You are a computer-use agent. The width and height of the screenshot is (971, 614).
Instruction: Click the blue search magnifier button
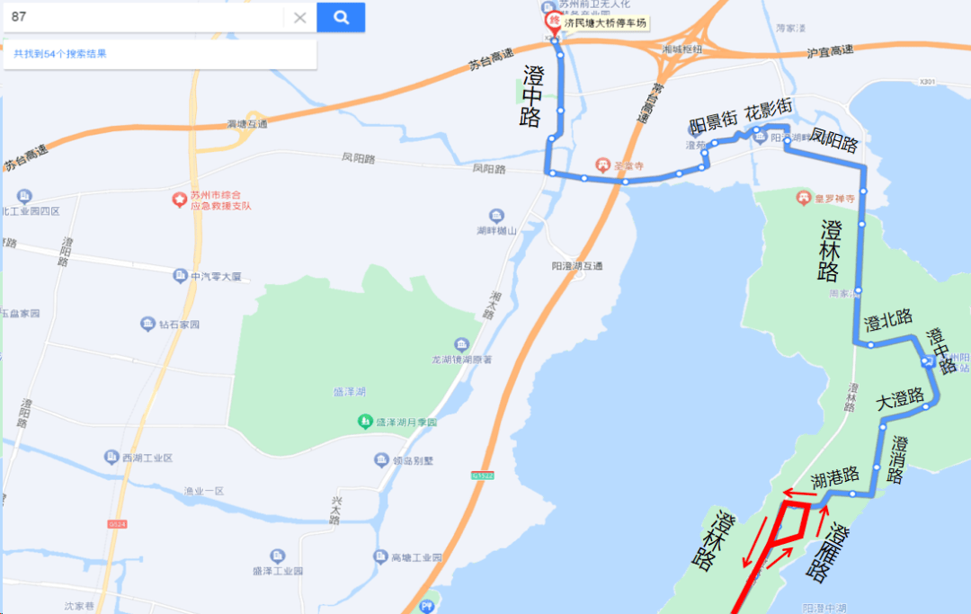341,17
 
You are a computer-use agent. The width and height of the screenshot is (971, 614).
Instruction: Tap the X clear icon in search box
300,18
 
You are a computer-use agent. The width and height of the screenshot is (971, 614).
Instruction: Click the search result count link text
60,54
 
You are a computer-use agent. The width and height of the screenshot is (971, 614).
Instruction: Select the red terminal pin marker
554,22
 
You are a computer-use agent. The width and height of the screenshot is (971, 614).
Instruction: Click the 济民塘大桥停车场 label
605,23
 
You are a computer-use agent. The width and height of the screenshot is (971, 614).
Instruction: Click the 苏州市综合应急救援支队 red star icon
178,199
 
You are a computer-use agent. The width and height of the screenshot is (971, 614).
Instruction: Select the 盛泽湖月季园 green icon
365,422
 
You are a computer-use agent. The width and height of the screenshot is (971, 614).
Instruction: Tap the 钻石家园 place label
179,324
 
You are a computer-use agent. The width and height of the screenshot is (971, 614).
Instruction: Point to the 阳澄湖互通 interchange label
575,266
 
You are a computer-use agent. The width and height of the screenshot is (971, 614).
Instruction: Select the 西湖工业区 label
147,458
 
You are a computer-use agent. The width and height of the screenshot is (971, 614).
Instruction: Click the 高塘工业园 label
416,557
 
